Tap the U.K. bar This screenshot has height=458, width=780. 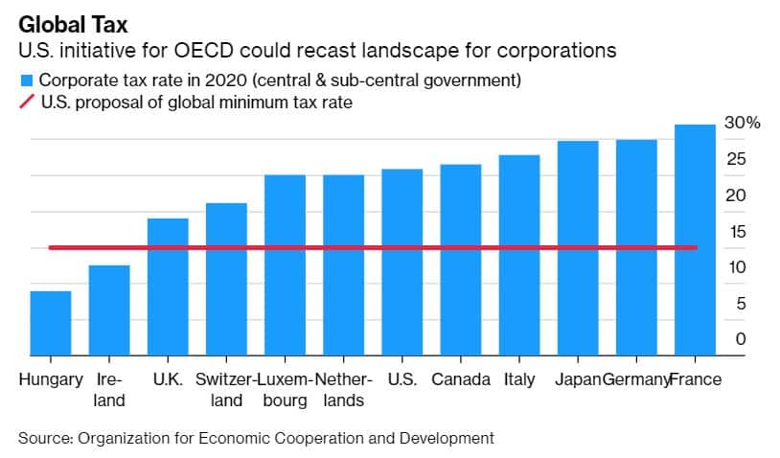pyautogui.click(x=168, y=286)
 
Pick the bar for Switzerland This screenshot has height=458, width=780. pyautogui.click(x=226, y=279)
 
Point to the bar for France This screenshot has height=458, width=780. pyautogui.click(x=695, y=240)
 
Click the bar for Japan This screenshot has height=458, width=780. pyautogui.click(x=578, y=248)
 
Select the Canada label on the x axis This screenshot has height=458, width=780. pyautogui.click(x=461, y=379)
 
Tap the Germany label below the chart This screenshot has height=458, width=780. pyautogui.click(x=635, y=379)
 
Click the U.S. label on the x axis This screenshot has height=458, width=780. pyautogui.click(x=402, y=379)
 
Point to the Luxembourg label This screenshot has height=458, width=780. pyautogui.click(x=285, y=389)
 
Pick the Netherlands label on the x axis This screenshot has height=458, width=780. pyautogui.click(x=343, y=389)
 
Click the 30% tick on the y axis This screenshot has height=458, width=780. pyautogui.click(x=742, y=123)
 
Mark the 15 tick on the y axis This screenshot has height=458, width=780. pyautogui.click(x=736, y=231)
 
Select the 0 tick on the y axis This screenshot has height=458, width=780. pyautogui.click(x=741, y=339)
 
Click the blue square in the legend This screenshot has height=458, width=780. pyautogui.click(x=26, y=80)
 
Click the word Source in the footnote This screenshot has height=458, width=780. pyautogui.click(x=43, y=438)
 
